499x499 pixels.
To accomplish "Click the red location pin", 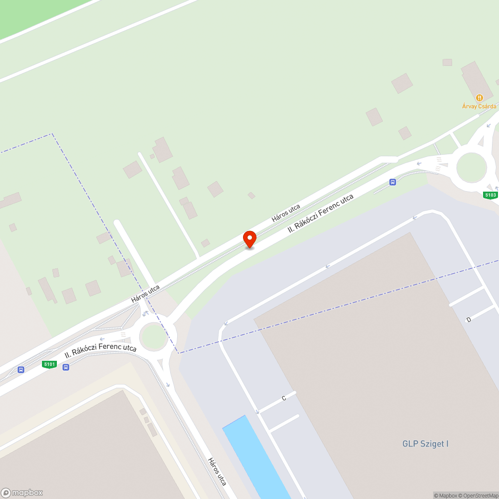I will coord(249,239).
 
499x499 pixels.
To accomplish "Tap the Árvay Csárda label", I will coord(479,106).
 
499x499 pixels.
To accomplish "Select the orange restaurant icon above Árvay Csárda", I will coord(479,98).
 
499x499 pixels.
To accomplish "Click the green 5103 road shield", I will coord(491,195).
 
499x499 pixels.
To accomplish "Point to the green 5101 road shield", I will coord(49,364).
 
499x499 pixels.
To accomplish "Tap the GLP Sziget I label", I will coord(425,444).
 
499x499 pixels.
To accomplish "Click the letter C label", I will coord(283,398).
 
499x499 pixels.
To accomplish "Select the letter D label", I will coord(469,319).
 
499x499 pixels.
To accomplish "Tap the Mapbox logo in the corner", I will coord(22,492).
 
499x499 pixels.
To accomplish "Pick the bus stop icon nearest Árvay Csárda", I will coord(393,182).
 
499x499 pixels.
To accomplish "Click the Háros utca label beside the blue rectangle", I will coord(218,472).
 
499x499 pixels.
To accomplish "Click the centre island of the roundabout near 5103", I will coord(471,168).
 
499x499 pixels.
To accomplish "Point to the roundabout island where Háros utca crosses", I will coord(153,336).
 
